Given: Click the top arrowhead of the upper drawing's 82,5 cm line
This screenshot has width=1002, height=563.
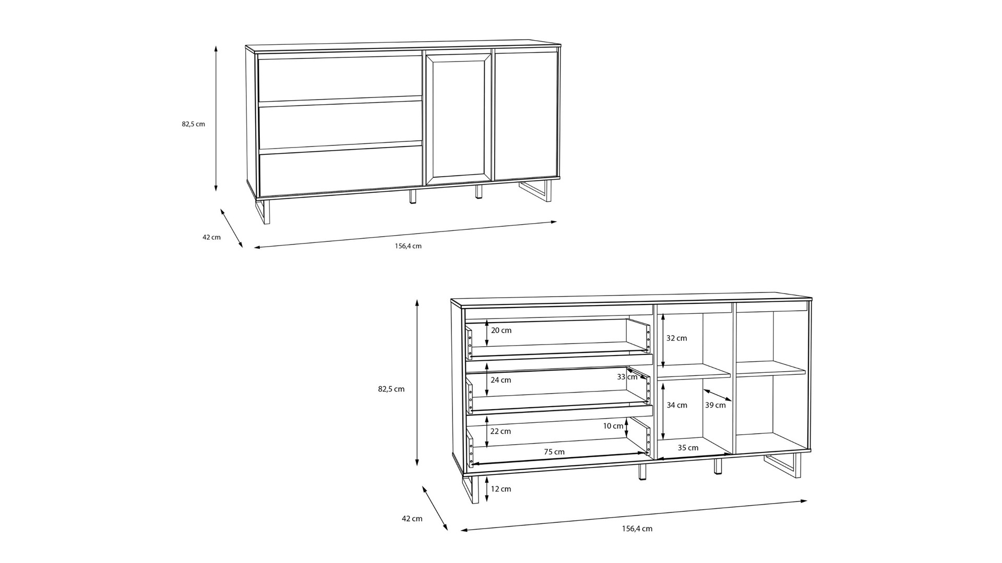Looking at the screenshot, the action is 216,46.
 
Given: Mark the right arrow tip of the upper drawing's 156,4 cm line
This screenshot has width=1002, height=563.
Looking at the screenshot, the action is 556,222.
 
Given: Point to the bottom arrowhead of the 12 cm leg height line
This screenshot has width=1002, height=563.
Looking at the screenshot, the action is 487,501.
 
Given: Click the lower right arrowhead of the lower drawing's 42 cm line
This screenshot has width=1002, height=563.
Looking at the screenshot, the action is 447,530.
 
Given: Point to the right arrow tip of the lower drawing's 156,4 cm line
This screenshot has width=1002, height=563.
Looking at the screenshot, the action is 807,501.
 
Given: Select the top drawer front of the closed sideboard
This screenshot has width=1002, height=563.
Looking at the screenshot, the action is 340,78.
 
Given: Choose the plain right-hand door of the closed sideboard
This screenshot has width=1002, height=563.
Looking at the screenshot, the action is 526,115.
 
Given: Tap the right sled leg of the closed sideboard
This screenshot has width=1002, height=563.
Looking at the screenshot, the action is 536,191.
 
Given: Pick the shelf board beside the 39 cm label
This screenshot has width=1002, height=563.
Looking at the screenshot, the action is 694,371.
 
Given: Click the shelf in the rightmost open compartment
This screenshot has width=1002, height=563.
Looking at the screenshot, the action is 771,369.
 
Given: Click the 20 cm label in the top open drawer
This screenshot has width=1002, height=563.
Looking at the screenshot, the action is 501,331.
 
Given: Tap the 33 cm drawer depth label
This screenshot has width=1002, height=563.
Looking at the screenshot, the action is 627,377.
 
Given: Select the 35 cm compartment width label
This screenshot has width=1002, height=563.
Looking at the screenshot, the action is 688,448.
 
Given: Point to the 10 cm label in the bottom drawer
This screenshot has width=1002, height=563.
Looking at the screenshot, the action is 613,426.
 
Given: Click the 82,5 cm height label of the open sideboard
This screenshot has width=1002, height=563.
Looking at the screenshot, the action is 391,389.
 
